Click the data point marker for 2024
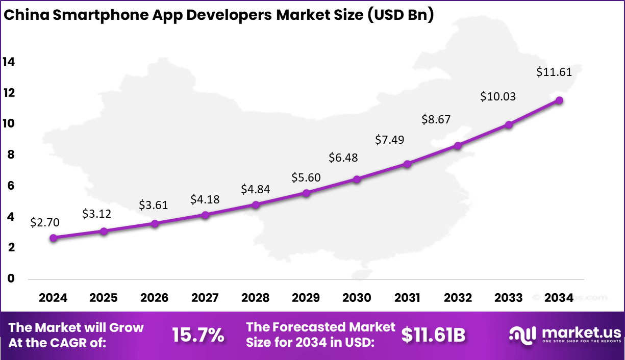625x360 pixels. [54, 238]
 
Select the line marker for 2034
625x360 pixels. [559, 100]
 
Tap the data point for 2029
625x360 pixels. [306, 193]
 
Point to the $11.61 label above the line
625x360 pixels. [554, 72]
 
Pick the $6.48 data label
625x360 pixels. [343, 158]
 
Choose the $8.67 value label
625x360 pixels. [436, 119]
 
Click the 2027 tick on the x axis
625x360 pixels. [205, 298]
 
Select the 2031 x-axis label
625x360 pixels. [407, 298]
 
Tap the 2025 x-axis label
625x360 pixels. [104, 298]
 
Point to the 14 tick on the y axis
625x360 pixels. [9, 62]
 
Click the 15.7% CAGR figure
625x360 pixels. [197, 335]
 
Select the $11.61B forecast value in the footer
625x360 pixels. [433, 335]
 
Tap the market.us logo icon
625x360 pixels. [522, 335]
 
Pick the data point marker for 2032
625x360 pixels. [458, 146]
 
